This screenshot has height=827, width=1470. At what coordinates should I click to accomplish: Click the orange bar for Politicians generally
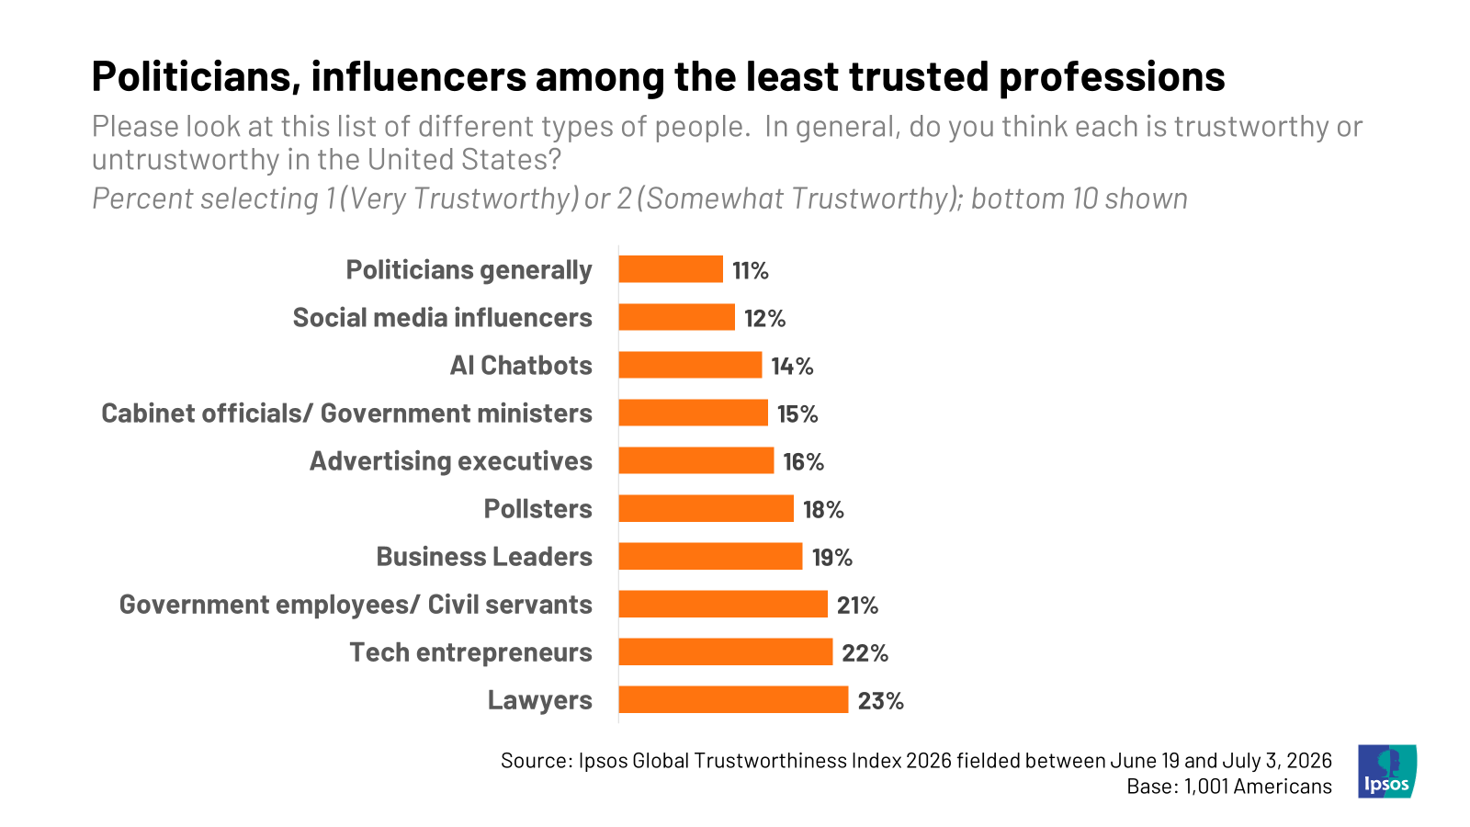tap(671, 269)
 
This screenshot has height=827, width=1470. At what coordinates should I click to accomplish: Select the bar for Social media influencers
tap(676, 317)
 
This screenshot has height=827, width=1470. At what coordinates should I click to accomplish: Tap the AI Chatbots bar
tap(690, 365)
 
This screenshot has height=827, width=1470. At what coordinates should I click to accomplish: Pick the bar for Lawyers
tap(734, 699)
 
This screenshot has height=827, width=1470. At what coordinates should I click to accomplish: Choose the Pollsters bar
tap(707, 509)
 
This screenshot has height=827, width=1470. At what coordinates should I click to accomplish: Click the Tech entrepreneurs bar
tap(726, 651)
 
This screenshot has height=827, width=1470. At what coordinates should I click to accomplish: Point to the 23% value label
tap(881, 701)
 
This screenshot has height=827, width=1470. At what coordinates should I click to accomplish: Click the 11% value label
tap(750, 270)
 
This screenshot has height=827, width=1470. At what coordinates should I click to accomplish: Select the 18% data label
tap(823, 510)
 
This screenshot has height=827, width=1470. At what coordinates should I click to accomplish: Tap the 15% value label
tap(798, 414)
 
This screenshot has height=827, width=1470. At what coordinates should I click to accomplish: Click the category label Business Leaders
tap(484, 557)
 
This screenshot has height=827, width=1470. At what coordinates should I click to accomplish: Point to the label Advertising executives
tap(451, 460)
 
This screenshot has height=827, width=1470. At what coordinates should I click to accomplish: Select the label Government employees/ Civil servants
tap(356, 605)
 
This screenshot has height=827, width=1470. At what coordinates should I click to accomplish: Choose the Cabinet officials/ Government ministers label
tap(346, 413)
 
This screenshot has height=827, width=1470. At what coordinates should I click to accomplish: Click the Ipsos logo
tap(1387, 771)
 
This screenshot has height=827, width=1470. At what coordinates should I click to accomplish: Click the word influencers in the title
tap(419, 76)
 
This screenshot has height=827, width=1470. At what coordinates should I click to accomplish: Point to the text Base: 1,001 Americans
tap(1229, 787)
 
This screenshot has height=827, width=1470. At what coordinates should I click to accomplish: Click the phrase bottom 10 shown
tap(1079, 198)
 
